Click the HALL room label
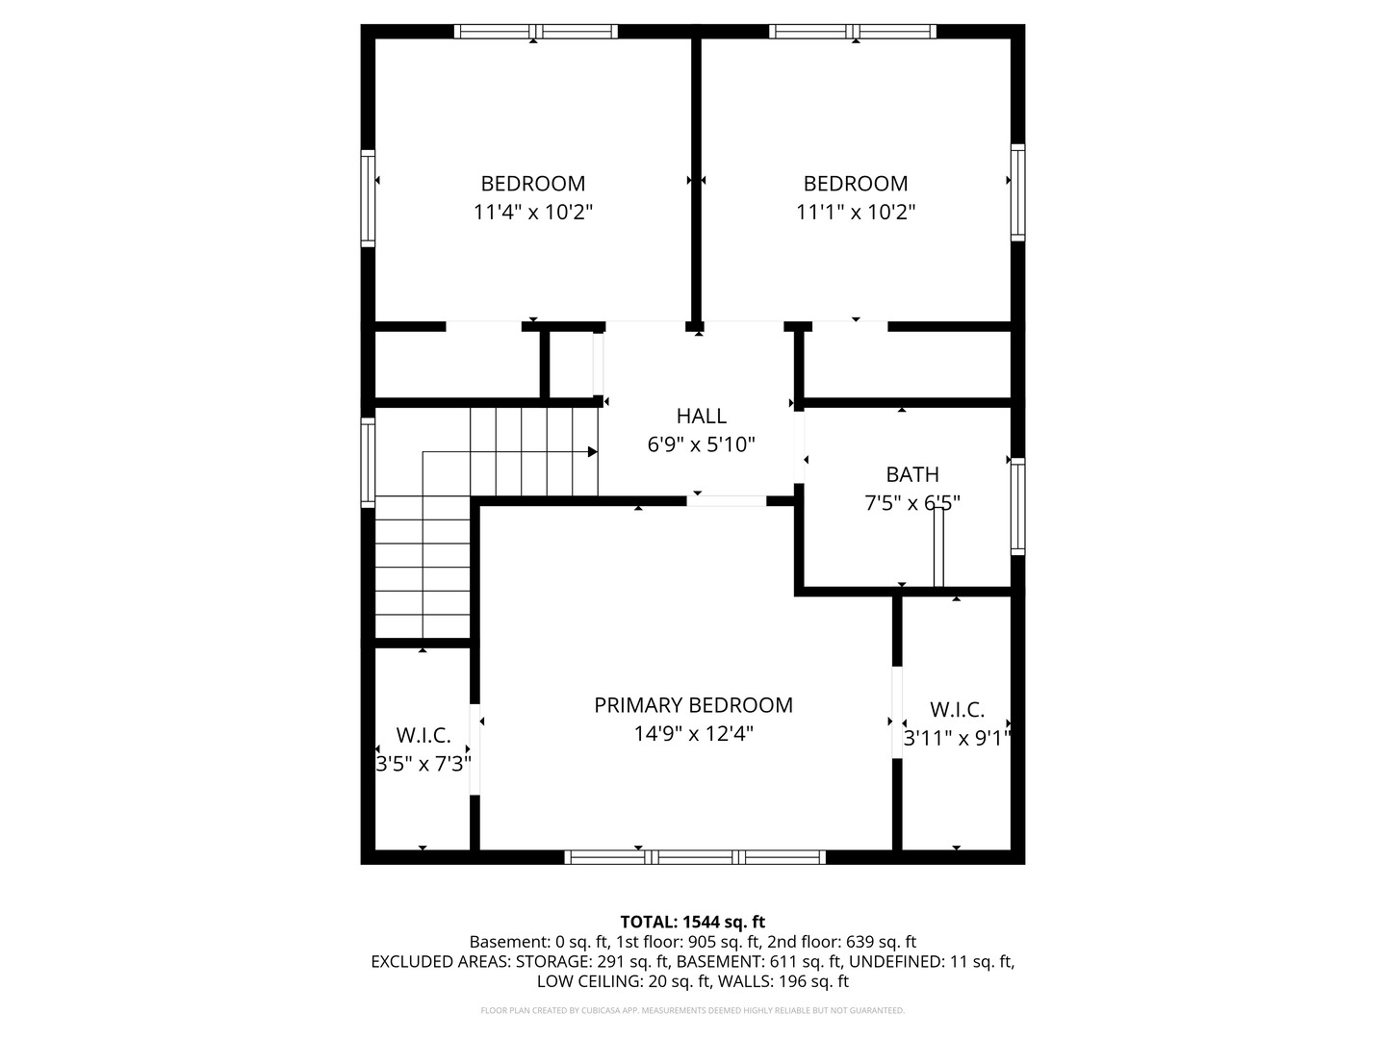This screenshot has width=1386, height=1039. pyautogui.click(x=701, y=416)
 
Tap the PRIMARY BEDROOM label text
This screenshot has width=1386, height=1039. pyautogui.click(x=693, y=704)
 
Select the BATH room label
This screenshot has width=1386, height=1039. pyautogui.click(x=911, y=473)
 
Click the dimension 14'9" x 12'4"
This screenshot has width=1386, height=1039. pyautogui.click(x=693, y=734)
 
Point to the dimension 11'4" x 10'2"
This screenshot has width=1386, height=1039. pyautogui.click(x=533, y=212)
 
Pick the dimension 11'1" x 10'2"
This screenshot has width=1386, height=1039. pyautogui.click(x=855, y=212)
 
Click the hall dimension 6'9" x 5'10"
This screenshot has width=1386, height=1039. pyautogui.click(x=701, y=444)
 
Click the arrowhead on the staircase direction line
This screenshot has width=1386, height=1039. pyautogui.click(x=592, y=452)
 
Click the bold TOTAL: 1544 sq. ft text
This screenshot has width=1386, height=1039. pyautogui.click(x=693, y=922)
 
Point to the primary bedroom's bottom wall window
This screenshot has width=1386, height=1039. pyautogui.click(x=695, y=856)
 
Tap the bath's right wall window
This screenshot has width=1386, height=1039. pyautogui.click(x=1017, y=507)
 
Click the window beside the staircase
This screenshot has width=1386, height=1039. pyautogui.click(x=368, y=462)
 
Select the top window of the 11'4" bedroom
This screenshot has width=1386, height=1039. pyautogui.click(x=535, y=32)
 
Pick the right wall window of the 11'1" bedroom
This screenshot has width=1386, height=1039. pyautogui.click(x=1017, y=192)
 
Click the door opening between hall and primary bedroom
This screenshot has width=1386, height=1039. pyautogui.click(x=726, y=501)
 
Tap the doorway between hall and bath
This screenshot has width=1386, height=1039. pyautogui.click(x=799, y=447)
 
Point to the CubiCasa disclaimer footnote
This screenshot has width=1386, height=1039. pyautogui.click(x=693, y=1010)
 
